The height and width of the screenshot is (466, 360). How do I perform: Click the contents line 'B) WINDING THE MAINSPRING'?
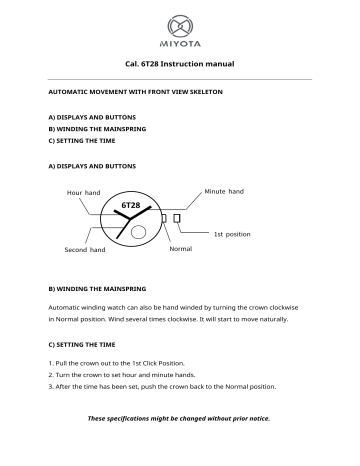[97, 130]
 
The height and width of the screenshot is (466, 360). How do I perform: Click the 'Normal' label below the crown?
[180, 247]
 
